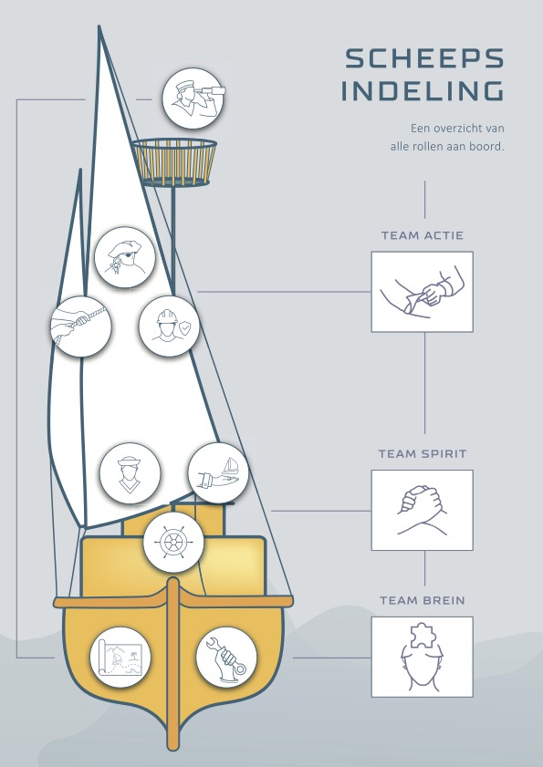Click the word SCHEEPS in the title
pyautogui.click(x=424, y=58)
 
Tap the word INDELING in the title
pyautogui.click(x=422, y=91)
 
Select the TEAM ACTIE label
pyautogui.click(x=422, y=235)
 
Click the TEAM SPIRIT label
pyautogui.click(x=422, y=454)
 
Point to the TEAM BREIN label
pyautogui.click(x=422, y=600)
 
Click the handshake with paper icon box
pyautogui.click(x=422, y=292)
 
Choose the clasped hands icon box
pyautogui.click(x=422, y=510)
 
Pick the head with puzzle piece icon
pyautogui.click(x=422, y=657)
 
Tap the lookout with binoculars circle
pyautogui.click(x=193, y=98)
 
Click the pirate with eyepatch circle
pyautogui.click(x=125, y=257)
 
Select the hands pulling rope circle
pyautogui.click(x=81, y=326)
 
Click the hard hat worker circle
pyautogui.click(x=169, y=326)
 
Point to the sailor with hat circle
pyautogui.click(x=130, y=473)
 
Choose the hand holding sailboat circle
pyautogui.click(x=218, y=473)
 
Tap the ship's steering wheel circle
pyautogui.click(x=173, y=542)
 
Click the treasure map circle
pyautogui.click(x=120, y=657)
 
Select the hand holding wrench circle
pyautogui.click(x=226, y=657)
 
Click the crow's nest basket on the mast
pyautogui.click(x=173, y=162)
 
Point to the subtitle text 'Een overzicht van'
pyautogui.click(x=457, y=129)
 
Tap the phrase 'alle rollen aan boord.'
pyautogui.click(x=447, y=146)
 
